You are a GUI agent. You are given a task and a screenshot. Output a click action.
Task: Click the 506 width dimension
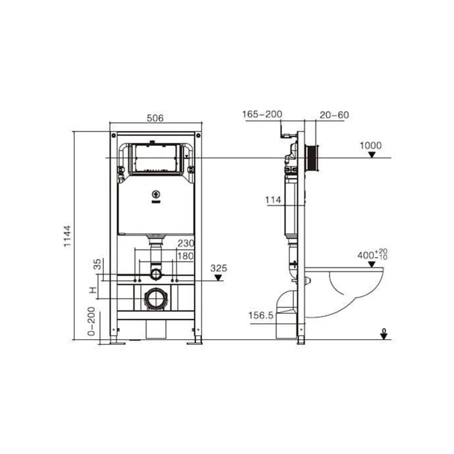click(155, 118)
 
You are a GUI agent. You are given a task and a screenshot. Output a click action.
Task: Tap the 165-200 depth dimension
click(262, 115)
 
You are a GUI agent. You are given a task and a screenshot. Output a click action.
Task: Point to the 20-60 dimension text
click(334, 115)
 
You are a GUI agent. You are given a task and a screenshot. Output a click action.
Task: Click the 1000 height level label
click(371, 146)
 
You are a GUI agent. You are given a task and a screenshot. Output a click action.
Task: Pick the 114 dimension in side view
click(272, 199)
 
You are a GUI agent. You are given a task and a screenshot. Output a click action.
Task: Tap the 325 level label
click(218, 268)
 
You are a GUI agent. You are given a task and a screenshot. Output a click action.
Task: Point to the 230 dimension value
click(185, 243)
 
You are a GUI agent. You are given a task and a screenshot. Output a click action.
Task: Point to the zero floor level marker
click(384, 334)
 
